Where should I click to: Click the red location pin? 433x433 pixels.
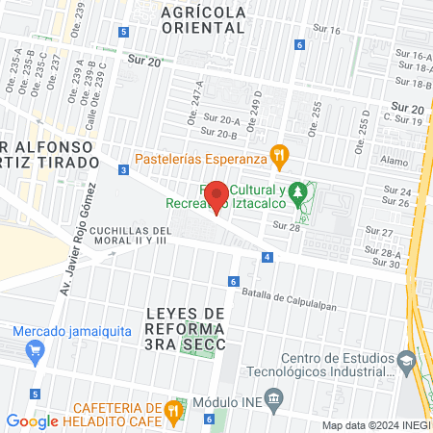click(217, 196)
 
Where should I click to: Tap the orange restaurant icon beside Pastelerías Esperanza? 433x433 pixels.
click(280, 153)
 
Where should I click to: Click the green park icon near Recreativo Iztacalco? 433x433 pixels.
click(299, 191)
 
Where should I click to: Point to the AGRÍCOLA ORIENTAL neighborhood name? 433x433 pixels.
click(205, 19)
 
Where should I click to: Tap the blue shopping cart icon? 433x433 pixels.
click(35, 351)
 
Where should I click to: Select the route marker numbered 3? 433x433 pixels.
click(124, 170)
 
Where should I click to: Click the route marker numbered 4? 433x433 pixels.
click(267, 257)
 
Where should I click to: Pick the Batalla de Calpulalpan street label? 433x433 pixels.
click(290, 295)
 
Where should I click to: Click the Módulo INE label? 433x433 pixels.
click(228, 399)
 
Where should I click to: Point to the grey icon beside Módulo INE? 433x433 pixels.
click(273, 398)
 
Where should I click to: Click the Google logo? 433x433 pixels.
click(33, 420)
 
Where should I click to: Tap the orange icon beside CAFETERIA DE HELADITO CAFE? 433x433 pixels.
click(173, 410)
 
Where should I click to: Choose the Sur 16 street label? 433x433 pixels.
click(327, 30)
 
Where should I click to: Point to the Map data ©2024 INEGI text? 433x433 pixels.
click(375, 425)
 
